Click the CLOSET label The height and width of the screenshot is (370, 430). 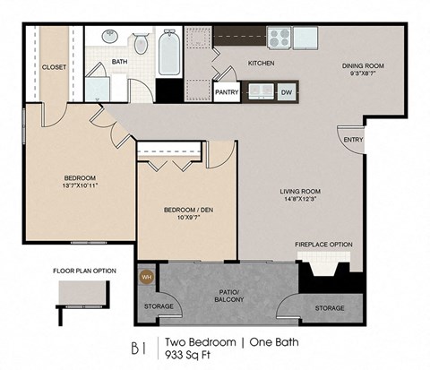coord(55,66)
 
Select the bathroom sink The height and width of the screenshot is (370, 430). coord(109,38)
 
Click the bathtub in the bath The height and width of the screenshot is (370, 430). coord(168,52)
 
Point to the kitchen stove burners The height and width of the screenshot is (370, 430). coord(279,38)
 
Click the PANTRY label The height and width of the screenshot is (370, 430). coord(227,91)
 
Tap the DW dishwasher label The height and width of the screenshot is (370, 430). coord(286,91)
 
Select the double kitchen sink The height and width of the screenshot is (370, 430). coord(261,90)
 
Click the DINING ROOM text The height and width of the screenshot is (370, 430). coord(363,65)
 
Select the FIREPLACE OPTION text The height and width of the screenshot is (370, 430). coord(323,245)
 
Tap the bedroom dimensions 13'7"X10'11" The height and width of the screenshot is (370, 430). coord(79,186)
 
